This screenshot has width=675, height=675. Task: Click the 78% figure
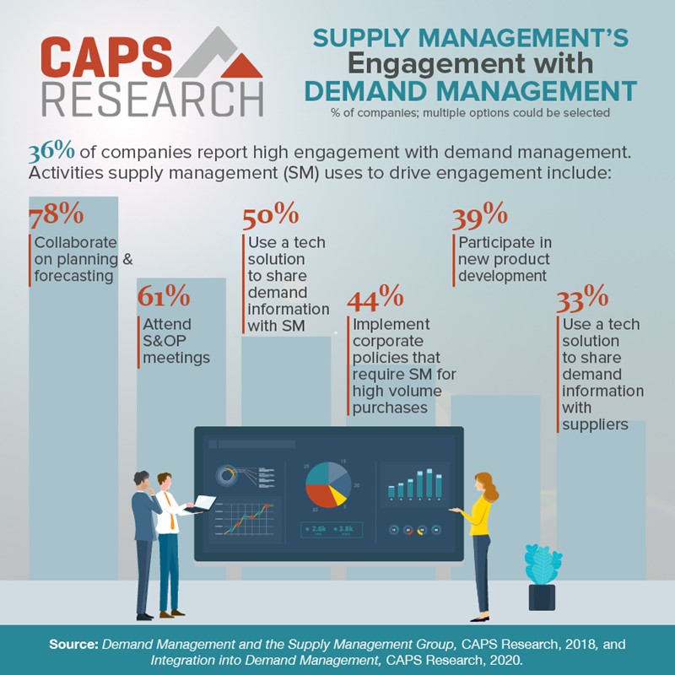pyautogui.click(x=56, y=215)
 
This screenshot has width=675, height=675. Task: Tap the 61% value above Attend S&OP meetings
pyautogui.click(x=164, y=296)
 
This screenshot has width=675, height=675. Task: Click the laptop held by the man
pyautogui.click(x=202, y=504)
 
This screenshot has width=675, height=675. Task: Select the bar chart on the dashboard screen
pyautogui.click(x=416, y=483)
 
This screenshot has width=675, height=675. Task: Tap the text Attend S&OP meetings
pyautogui.click(x=173, y=341)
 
